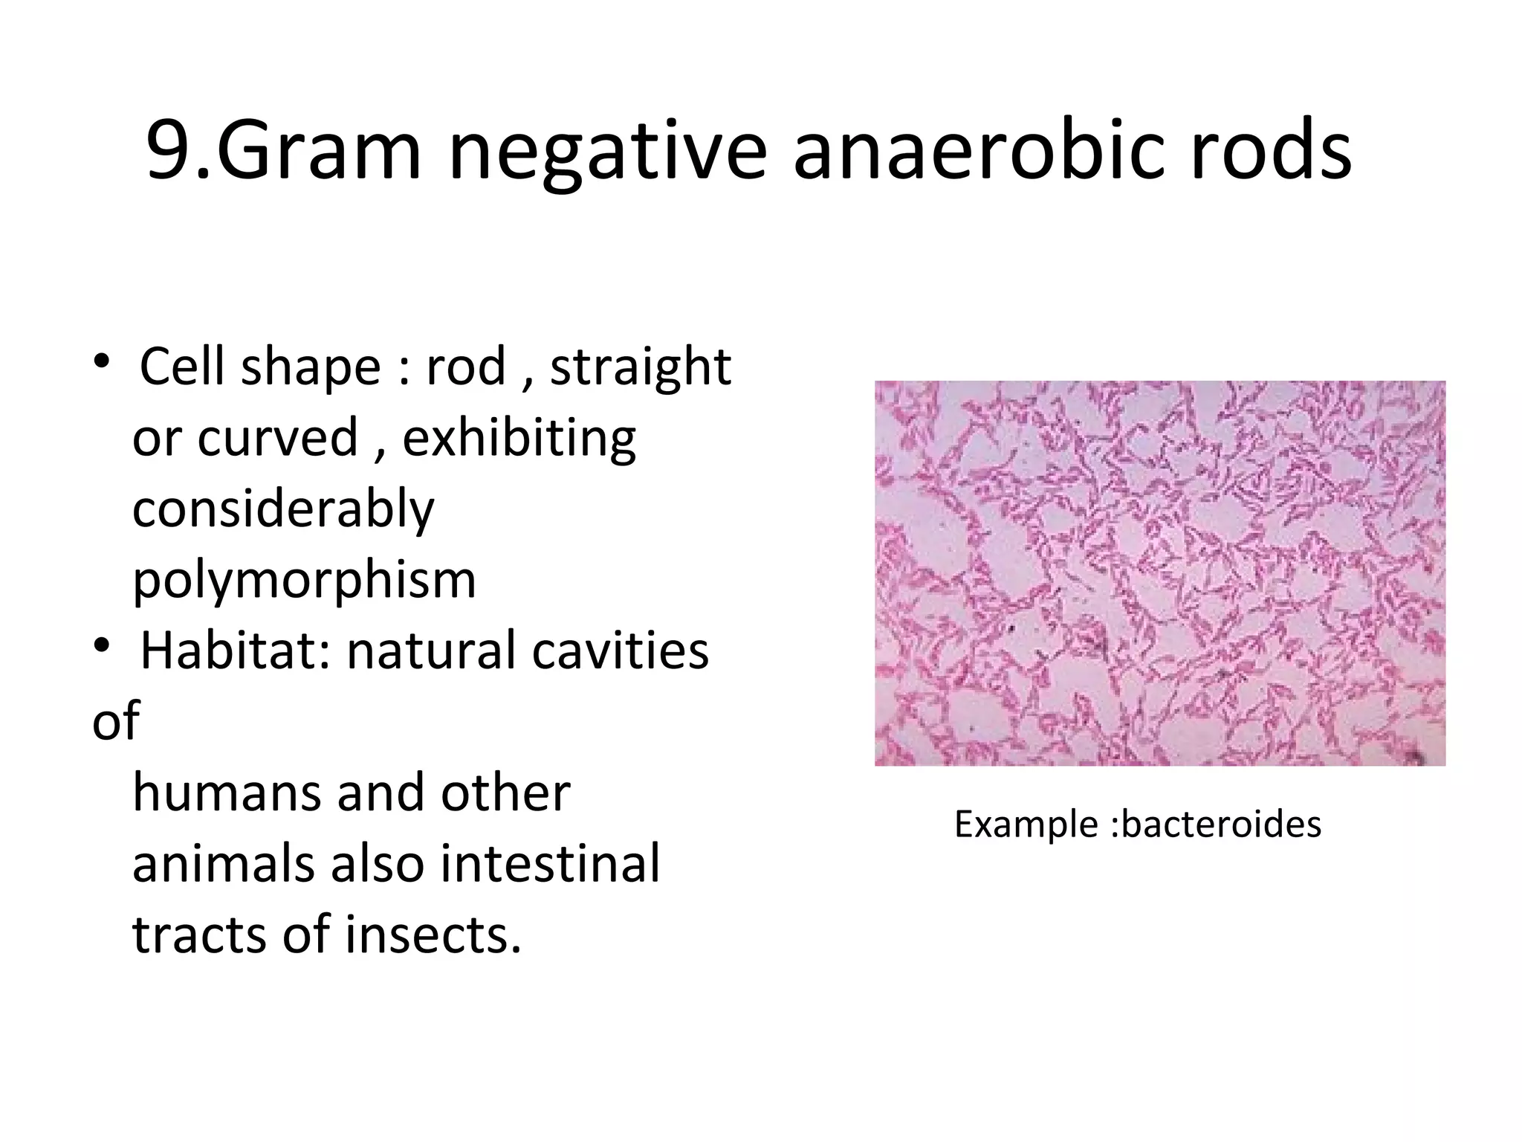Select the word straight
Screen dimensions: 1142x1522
[x=641, y=368]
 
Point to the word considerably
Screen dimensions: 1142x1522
[x=283, y=510]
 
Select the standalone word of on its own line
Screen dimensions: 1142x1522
[x=115, y=721]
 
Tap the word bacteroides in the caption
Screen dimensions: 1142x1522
[x=1221, y=825]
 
